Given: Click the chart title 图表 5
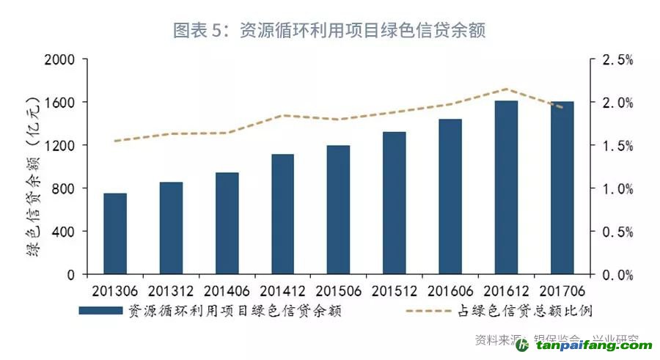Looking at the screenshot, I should pyautogui.click(x=329, y=30).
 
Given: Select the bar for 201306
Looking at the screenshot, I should pyautogui.click(x=115, y=234).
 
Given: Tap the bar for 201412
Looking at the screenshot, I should pyautogui.click(x=282, y=214).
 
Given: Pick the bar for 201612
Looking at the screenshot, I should pyautogui.click(x=506, y=188).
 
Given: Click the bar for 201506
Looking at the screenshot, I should pyautogui.click(x=338, y=210).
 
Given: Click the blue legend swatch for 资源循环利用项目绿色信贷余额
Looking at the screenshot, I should pyautogui.click(x=100, y=310).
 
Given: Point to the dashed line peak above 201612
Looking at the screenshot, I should pyautogui.click(x=506, y=89).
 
